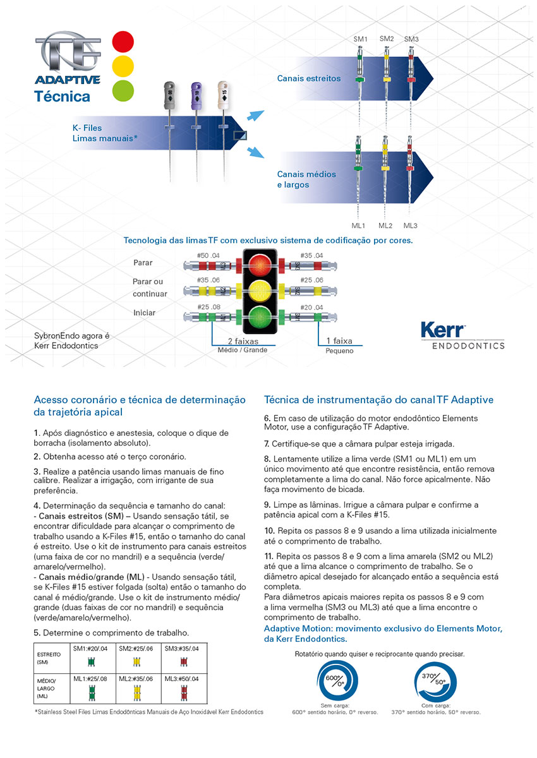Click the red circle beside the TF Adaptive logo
[123, 42]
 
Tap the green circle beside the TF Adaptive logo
[123, 89]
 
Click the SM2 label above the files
[387, 39]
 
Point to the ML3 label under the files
[411, 226]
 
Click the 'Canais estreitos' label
[309, 79]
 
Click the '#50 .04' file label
[208, 255]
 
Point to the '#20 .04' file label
[313, 307]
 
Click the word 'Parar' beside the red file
[143, 262]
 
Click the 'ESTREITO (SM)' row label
[47, 658]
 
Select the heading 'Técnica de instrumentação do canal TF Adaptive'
[378, 400]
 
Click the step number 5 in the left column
[36, 632]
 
